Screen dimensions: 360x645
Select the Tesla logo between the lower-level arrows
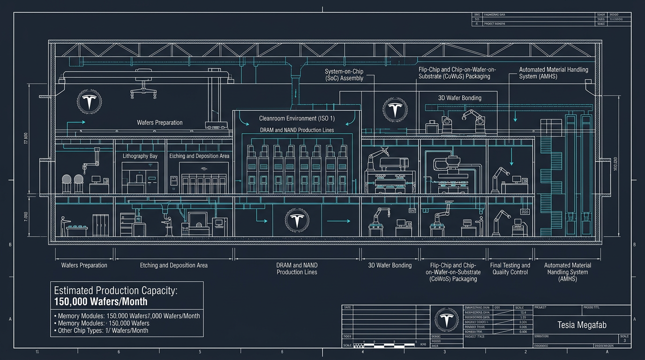click(x=296, y=220)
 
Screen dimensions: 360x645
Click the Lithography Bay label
click(x=140, y=156)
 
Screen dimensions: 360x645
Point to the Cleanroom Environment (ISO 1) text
click(x=297, y=118)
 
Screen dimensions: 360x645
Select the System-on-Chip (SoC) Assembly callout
click(x=344, y=75)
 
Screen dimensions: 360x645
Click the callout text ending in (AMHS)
click(x=553, y=73)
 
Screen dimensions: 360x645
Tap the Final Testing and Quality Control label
click(x=510, y=269)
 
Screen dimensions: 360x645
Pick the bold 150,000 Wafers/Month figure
click(x=101, y=301)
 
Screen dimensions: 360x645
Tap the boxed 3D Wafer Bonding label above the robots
click(x=459, y=98)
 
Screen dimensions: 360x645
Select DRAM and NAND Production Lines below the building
click(x=297, y=269)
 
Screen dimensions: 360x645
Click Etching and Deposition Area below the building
click(x=173, y=265)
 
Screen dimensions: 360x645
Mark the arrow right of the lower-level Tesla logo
click(x=337, y=220)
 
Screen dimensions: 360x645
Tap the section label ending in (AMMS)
click(x=567, y=272)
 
